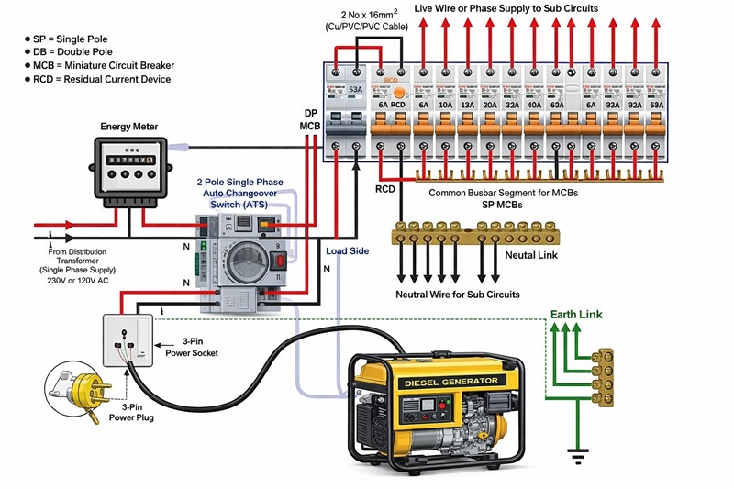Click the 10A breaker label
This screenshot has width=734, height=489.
pos(445,105)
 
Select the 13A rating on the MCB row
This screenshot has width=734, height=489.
pos(466,105)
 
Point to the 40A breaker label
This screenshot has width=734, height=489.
pos(534,105)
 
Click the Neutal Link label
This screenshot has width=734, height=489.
pos(532,256)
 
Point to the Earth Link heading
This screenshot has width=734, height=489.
pos(576,315)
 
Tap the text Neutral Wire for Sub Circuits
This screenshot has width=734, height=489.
pos(458,295)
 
